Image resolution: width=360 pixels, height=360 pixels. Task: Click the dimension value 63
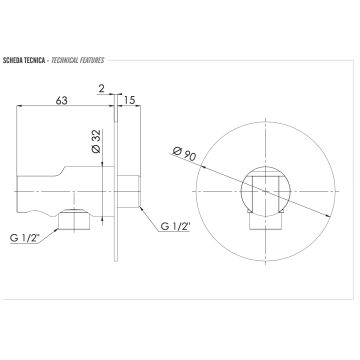[x=61, y=100]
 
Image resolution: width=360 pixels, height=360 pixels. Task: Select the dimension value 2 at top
[x=101, y=89]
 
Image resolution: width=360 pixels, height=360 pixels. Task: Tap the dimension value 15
[x=129, y=100]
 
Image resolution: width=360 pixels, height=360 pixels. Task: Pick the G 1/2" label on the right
[x=175, y=226]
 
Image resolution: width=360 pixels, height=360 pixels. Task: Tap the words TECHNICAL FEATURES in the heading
[x=77, y=60]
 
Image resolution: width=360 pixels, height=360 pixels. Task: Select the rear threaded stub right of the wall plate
[x=128, y=191]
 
